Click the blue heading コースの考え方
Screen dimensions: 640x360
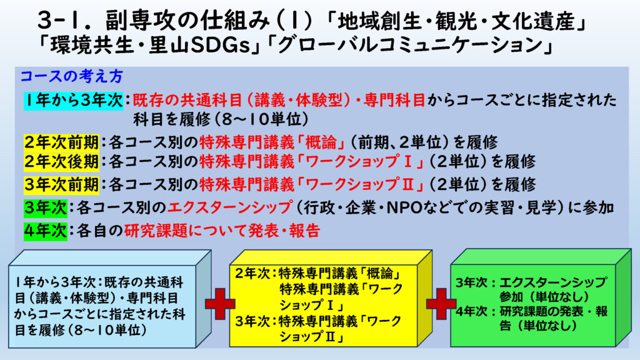pyautogui.click(x=72, y=76)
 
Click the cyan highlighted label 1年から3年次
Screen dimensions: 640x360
pyautogui.click(x=74, y=101)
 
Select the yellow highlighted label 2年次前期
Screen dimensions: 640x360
pyautogui.click(x=61, y=142)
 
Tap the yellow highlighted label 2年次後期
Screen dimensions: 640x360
pyautogui.click(x=61, y=162)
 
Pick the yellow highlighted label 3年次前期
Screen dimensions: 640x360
pyautogui.click(x=61, y=184)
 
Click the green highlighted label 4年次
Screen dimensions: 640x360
pyautogui.click(x=45, y=231)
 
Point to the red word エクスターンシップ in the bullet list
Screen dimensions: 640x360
pyautogui.click(x=230, y=207)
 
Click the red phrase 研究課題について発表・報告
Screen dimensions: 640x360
pyautogui.click(x=222, y=231)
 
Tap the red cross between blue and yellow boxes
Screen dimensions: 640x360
pyautogui.click(x=220, y=304)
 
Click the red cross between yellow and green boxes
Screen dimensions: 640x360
pyautogui.click(x=441, y=304)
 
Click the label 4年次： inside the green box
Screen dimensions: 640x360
pyautogui.click(x=476, y=311)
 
